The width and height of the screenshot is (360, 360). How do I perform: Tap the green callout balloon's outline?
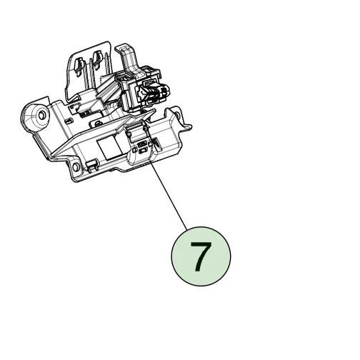click(171, 256)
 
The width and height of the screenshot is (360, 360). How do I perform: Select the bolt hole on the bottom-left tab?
click(75, 166)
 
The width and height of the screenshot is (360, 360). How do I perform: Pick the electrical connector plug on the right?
click(154, 91)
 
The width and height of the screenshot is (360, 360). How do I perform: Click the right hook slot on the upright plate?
click(97, 59)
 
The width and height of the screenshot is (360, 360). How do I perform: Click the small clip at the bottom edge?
click(91, 165)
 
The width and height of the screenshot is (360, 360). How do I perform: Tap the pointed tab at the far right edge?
click(188, 126)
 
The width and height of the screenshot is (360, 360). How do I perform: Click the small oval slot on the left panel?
click(69, 121)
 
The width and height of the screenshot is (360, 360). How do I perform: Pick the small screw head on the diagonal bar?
click(96, 123)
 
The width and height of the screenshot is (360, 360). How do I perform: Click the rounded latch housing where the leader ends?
click(140, 145)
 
